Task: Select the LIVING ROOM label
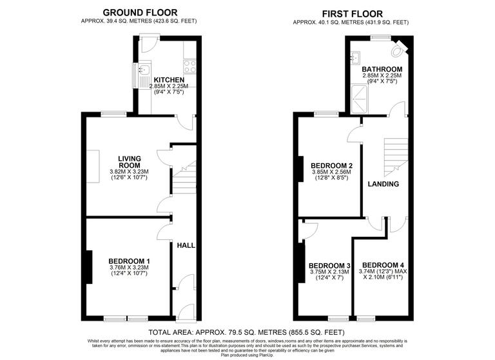[129, 161]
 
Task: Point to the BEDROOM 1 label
[129, 261]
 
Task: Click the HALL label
[186, 245]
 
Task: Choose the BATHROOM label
[382, 69]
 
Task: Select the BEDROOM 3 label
[329, 266]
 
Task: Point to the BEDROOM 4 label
[383, 265]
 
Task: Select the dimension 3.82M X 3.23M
[129, 172]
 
